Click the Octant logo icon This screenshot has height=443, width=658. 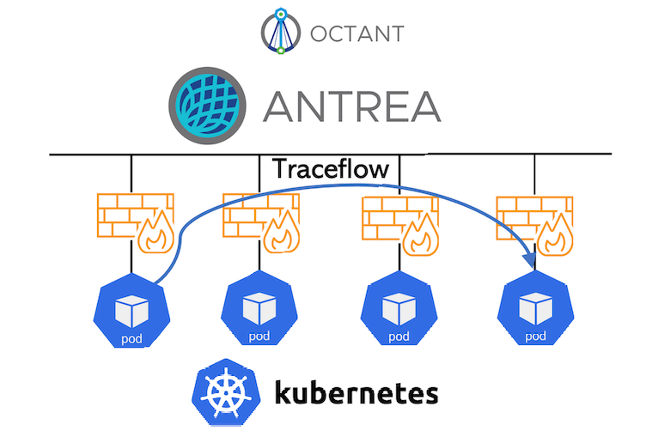(x=281, y=32)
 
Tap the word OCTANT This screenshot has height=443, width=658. (x=352, y=34)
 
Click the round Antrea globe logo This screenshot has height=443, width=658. (x=208, y=105)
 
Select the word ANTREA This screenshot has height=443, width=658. (x=351, y=106)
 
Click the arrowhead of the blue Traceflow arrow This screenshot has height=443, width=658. (x=529, y=260)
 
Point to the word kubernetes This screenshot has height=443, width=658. (x=356, y=393)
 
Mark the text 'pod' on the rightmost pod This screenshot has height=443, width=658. (x=535, y=336)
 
